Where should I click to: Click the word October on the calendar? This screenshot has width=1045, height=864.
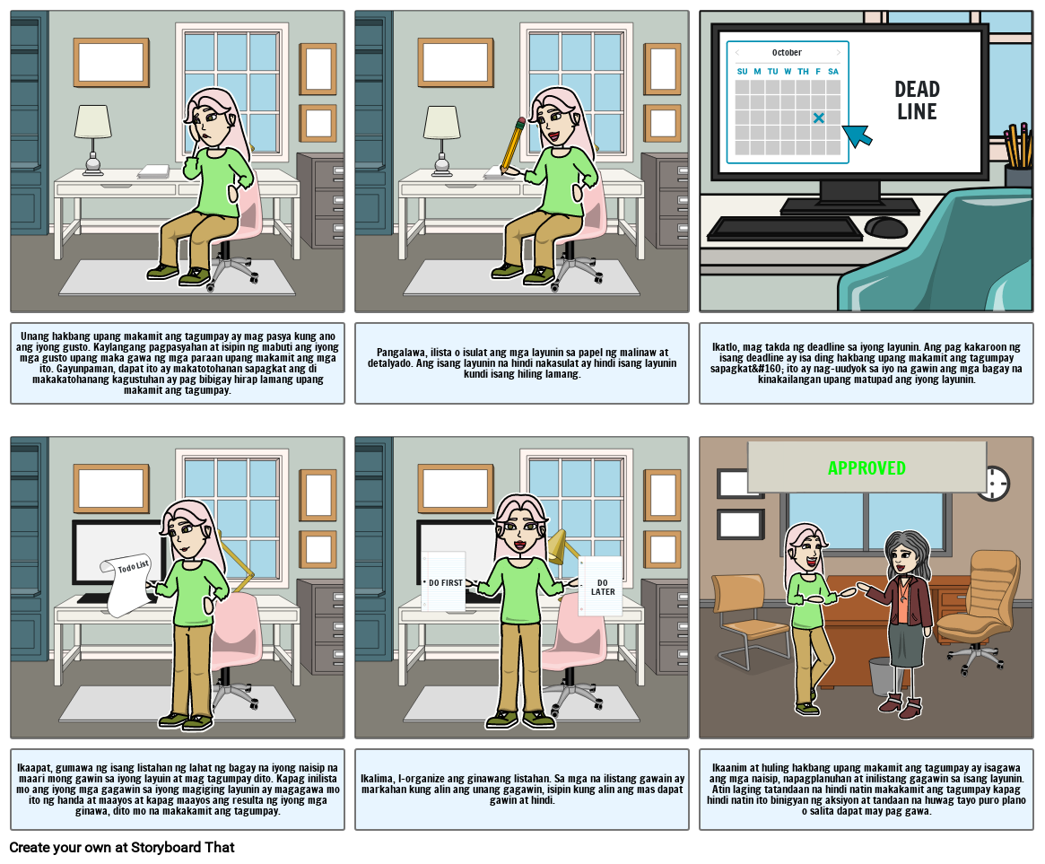pos(787,53)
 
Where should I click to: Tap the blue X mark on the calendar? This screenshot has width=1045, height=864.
pos(818,118)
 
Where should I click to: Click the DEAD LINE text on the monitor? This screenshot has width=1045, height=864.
pos(917,100)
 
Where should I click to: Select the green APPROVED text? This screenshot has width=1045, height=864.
pos(866,468)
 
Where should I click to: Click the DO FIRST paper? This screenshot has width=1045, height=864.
pos(444,582)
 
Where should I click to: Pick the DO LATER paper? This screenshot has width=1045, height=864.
pos(602,587)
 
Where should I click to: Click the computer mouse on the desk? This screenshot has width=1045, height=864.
pos(886,227)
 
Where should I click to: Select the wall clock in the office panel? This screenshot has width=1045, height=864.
pos(994,484)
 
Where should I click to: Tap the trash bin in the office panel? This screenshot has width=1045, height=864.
pos(882,676)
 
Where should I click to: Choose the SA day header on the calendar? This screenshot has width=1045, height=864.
pos(832,72)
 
